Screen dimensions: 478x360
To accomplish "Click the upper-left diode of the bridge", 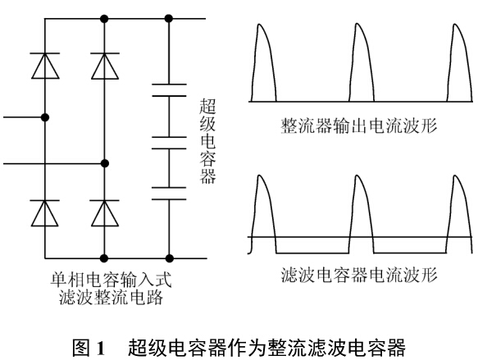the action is click(45, 66).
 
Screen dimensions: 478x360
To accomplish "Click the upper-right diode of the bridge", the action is click(105, 66).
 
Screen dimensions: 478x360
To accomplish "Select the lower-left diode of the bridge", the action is click(45, 213).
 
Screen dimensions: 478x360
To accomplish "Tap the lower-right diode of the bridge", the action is click(105, 213).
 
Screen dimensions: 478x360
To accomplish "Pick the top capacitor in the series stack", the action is click(169, 90).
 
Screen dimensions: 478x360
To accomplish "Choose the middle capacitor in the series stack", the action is click(169, 143).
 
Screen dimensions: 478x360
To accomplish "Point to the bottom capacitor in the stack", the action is click(169, 194).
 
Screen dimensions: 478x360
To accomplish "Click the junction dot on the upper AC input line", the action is click(45, 117).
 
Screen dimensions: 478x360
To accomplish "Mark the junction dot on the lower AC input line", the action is click(105, 164).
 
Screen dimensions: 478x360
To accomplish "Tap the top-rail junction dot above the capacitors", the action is click(169, 19).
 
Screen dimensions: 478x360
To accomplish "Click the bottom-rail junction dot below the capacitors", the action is click(169, 258).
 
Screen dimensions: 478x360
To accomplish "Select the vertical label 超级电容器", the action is click(208, 141).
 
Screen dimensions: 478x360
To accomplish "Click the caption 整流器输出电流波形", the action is click(359, 125).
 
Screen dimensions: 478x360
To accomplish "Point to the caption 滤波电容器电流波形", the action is click(359, 275).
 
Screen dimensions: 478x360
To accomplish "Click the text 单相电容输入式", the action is click(111, 280).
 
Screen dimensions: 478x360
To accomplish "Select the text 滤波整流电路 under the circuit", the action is click(111, 297).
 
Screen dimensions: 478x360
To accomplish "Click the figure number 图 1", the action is click(89, 347).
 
